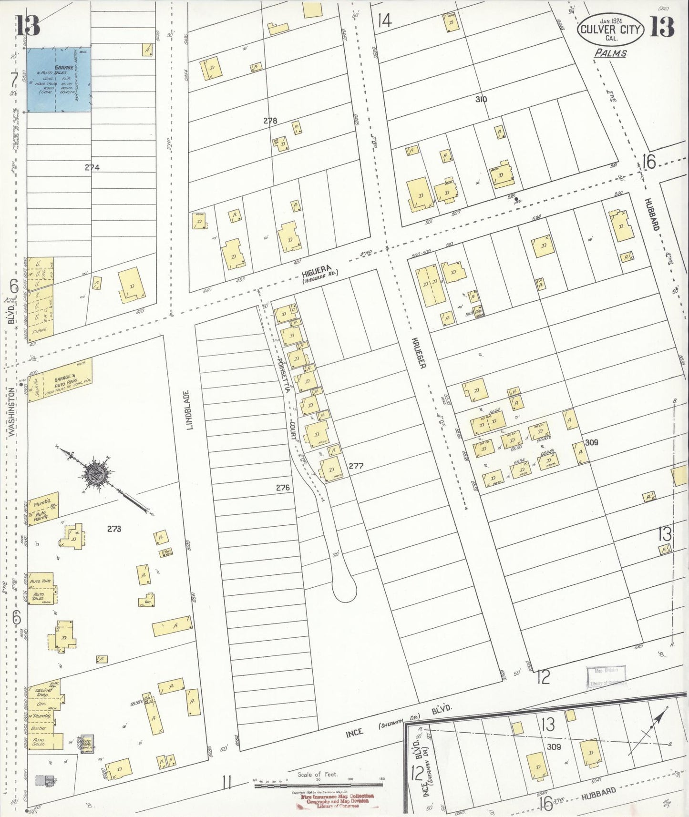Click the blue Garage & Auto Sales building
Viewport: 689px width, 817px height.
59,80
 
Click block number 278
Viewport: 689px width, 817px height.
270,121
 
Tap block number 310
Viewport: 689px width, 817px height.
481,99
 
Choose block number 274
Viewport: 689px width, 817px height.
92,167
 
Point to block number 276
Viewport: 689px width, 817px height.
283,488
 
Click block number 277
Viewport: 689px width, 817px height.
356,466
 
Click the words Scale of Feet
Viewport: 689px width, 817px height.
318,774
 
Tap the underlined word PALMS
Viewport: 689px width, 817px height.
610,53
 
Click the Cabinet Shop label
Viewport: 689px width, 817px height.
44,692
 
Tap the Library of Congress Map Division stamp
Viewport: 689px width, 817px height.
606,677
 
